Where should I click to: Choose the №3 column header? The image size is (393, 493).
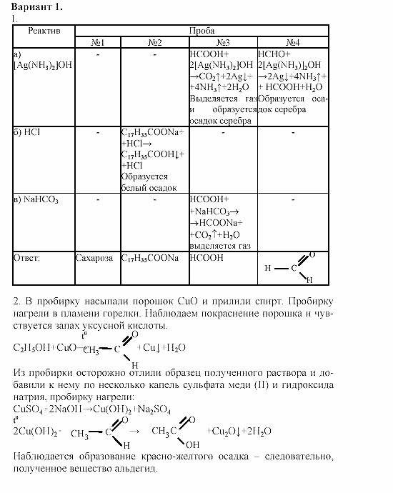point(222,43)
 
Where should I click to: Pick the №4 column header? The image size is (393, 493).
point(292,43)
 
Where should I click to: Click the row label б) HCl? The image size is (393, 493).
point(29,132)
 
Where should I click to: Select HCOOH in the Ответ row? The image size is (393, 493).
point(207,258)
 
